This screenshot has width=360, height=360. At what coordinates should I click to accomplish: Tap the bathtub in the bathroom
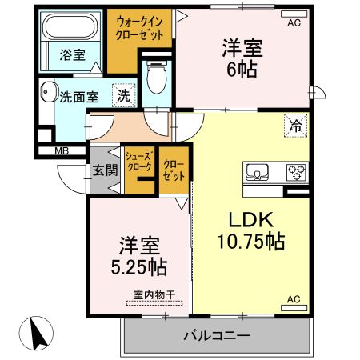[69, 27]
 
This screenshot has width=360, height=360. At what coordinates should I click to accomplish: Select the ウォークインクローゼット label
[141, 30]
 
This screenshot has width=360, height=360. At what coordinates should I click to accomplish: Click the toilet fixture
[156, 78]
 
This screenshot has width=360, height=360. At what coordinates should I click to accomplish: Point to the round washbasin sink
[48, 91]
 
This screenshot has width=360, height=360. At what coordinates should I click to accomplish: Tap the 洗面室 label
[79, 97]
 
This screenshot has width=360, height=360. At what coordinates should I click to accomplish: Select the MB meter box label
[62, 150]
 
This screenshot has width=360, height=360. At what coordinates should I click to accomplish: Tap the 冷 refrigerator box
[295, 125]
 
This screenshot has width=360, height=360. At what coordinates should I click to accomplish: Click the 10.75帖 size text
[250, 240]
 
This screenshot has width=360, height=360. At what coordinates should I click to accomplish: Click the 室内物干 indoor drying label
[153, 296]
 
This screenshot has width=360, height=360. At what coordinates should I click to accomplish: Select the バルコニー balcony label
[217, 335]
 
